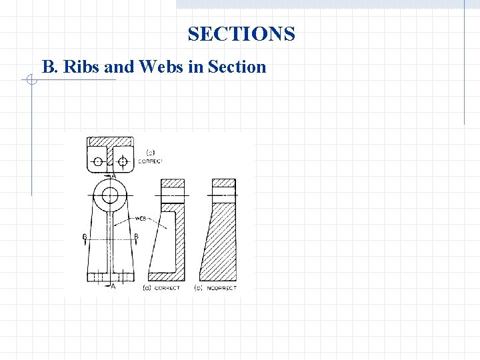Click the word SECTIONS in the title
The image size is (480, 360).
pos(241,34)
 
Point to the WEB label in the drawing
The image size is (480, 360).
pos(141,219)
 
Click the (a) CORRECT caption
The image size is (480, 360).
pos(161,288)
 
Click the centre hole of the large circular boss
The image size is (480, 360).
pos(110,195)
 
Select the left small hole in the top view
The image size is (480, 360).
pos(98,161)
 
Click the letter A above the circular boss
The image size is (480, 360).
pos(113,175)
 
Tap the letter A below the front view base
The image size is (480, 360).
pos(113,286)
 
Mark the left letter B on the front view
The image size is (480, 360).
pos(84,237)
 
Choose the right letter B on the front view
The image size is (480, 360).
pos(136,237)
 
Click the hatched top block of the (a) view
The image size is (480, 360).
pos(173,183)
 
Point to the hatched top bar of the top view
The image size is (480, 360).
pos(110,142)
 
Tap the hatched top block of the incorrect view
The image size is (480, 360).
pos(223,183)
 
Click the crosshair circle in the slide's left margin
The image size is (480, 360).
pos(29,80)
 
